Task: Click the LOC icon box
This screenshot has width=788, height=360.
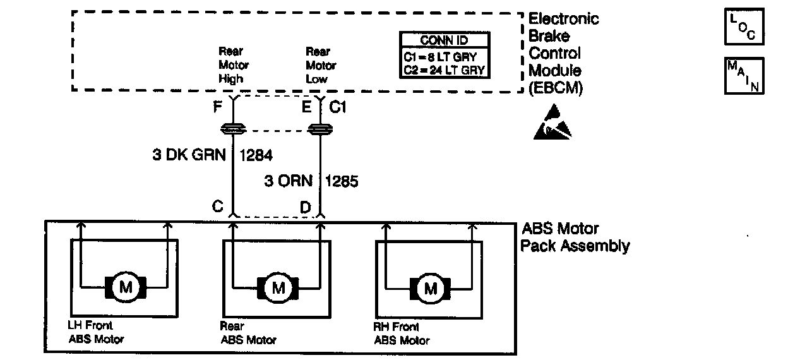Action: pyautogui.click(x=744, y=27)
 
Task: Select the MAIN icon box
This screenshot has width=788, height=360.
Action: pyautogui.click(x=744, y=76)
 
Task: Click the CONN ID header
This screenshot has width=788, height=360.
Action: pyautogui.click(x=445, y=41)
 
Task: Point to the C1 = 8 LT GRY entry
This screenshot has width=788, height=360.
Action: pyautogui.click(x=445, y=56)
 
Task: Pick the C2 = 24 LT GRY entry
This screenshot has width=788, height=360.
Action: pyautogui.click(x=445, y=70)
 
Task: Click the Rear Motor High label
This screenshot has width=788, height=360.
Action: pyautogui.click(x=234, y=65)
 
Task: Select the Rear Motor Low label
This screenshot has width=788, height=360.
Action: pyautogui.click(x=321, y=65)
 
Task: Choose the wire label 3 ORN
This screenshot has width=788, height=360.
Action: pyautogui.click(x=288, y=181)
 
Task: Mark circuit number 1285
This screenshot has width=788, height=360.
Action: pyautogui.click(x=342, y=181)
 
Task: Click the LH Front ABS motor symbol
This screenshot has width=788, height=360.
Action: pyautogui.click(x=125, y=288)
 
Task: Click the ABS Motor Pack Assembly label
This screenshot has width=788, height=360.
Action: pyautogui.click(x=574, y=237)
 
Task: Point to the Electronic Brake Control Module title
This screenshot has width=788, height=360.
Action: pyautogui.click(x=563, y=54)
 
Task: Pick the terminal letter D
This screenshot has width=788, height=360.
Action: pyautogui.click(x=305, y=207)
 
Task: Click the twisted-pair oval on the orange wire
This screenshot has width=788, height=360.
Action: pyautogui.click(x=320, y=130)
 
